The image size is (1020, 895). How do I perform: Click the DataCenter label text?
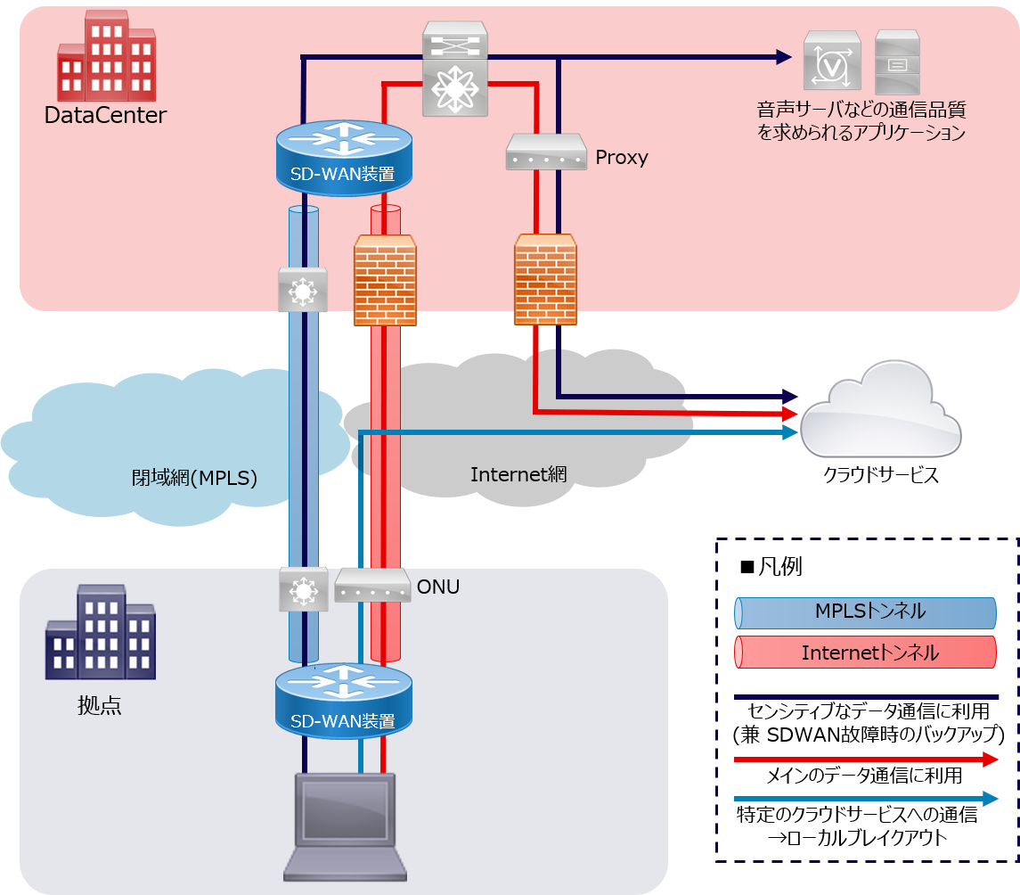105,115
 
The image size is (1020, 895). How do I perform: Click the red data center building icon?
105,55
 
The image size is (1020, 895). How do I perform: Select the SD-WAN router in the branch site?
344,701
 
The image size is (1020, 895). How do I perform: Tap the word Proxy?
622,158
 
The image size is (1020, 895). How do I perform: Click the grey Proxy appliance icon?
545,152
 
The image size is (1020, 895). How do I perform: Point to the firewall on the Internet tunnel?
385,280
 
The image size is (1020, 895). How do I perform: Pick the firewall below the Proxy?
545,280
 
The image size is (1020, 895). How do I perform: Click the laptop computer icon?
346,825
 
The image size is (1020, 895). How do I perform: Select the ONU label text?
437,587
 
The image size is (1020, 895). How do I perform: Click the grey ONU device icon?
372,586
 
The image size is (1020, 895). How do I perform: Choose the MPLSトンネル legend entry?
865,612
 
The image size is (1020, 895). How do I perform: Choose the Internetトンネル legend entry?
865,653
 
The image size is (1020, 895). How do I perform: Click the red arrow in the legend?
865,760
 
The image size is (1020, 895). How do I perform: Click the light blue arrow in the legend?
865,799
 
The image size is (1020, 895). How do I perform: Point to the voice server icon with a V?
832,61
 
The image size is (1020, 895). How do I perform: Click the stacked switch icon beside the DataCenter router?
455,69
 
